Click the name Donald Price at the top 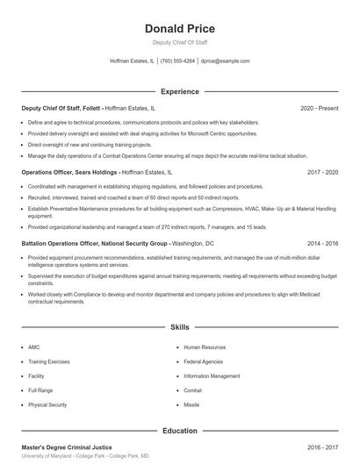pos(179,29)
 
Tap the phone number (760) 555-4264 pos(177,61)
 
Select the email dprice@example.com pos(226,61)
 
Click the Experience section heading pos(179,91)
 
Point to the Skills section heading pos(179,327)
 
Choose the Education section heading pos(179,431)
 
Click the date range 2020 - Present pos(319,109)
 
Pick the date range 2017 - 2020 pos(322,173)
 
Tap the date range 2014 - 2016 pos(322,243)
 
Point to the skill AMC pos(33,347)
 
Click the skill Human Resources pos(205,347)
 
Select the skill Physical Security pos(47,404)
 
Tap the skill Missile pos(191,404)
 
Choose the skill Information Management pos(212,376)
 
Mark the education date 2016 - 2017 pos(322,447)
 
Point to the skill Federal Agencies pos(203,361)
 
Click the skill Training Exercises pos(49,361)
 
